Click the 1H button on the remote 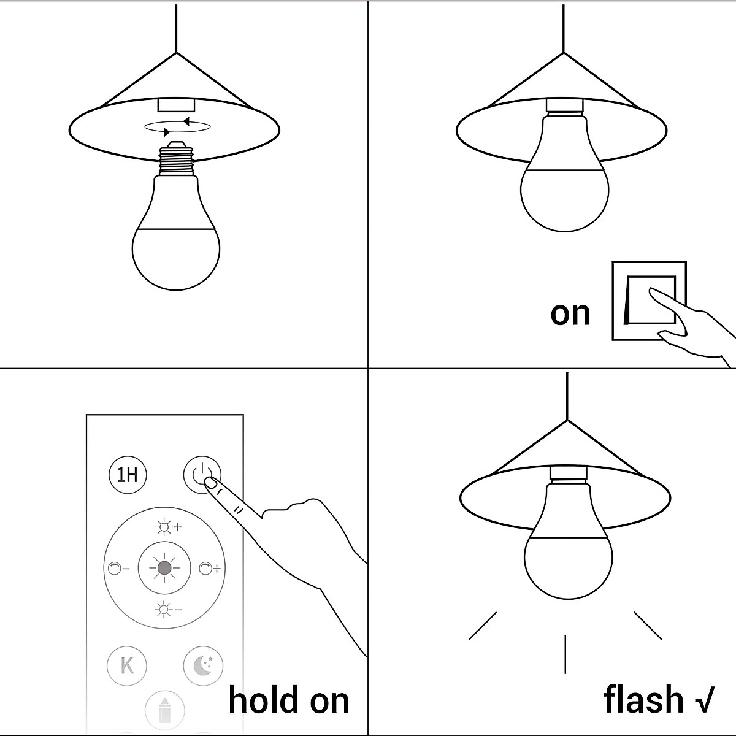click(x=128, y=475)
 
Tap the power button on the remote click(x=202, y=475)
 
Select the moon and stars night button click(x=203, y=665)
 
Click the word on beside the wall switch click(x=570, y=313)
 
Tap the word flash click(x=643, y=700)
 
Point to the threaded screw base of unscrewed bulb click(x=176, y=159)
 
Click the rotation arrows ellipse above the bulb click(x=178, y=126)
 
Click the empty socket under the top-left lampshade click(x=176, y=105)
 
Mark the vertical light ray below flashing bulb click(x=565, y=653)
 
